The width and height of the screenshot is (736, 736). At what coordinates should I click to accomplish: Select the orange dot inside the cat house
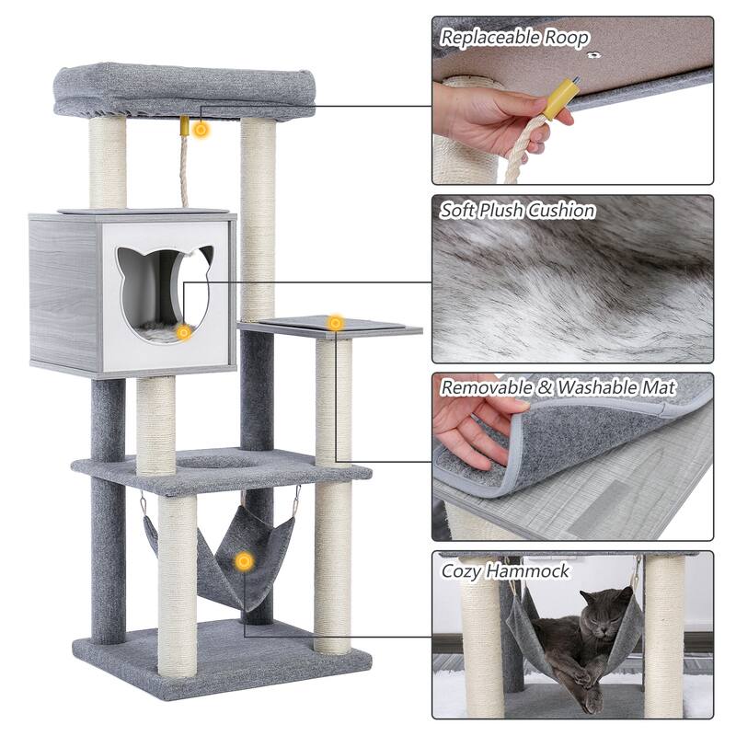(x=184, y=332)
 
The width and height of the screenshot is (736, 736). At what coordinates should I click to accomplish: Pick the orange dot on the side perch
(x=336, y=323)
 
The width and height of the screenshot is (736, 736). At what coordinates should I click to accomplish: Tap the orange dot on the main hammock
(x=243, y=560)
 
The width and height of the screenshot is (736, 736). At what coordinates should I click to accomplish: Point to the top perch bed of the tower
(x=184, y=92)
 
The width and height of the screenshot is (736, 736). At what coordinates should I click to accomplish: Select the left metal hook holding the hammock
(x=144, y=507)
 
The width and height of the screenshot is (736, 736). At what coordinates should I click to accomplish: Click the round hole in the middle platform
(x=213, y=461)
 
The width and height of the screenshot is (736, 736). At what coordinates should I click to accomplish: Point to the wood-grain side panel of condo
(x=64, y=293)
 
